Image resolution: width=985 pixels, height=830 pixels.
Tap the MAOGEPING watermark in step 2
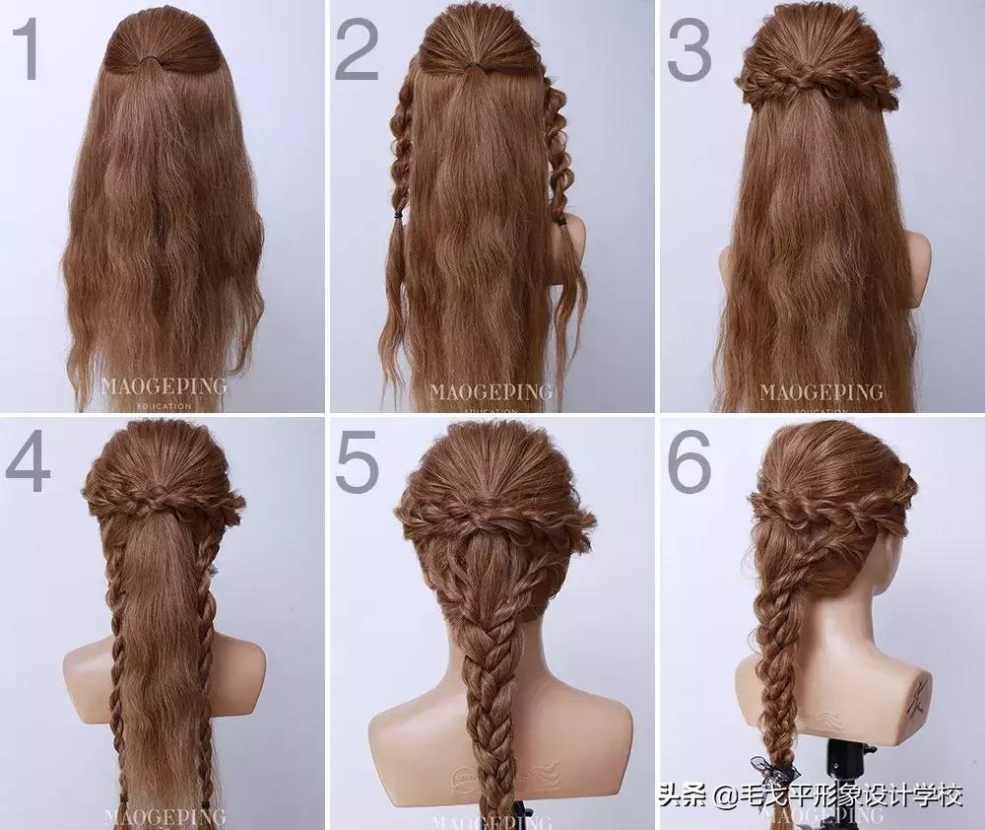491,390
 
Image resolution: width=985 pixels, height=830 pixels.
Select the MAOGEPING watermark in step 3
821,390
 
